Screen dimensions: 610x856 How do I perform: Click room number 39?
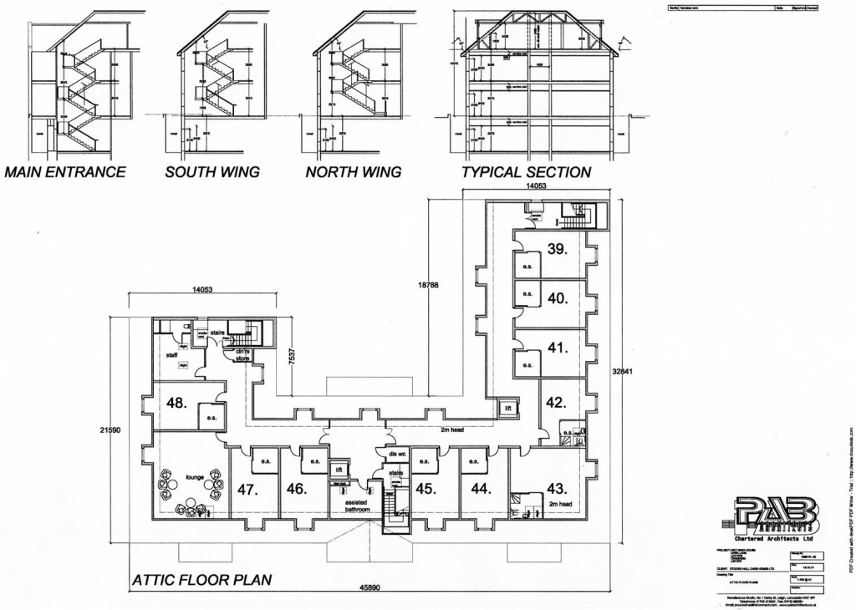(558, 248)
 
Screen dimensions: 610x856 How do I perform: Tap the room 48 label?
(176, 403)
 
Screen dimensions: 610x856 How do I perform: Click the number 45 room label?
(425, 489)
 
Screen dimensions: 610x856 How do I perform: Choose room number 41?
(558, 347)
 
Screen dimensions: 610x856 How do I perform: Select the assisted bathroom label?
(356, 506)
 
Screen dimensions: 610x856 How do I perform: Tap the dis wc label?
(396, 454)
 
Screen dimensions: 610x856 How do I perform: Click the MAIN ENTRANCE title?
(64, 173)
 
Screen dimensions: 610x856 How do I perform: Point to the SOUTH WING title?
(212, 173)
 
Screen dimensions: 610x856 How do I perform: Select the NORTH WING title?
(353, 173)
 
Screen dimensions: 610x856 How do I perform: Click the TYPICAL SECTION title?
(527, 173)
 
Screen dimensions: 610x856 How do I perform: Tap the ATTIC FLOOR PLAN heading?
(201, 579)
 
